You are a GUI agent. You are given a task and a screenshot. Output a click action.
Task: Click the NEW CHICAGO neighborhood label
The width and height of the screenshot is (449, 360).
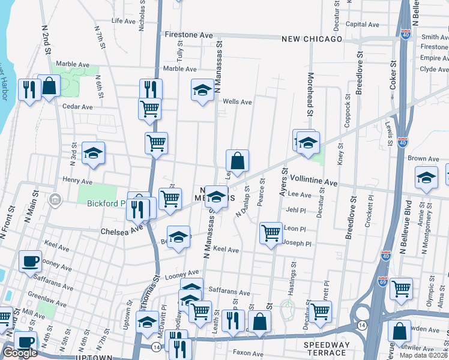[x=312, y=39]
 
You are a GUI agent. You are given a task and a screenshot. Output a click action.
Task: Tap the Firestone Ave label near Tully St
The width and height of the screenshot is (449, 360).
[x=189, y=35]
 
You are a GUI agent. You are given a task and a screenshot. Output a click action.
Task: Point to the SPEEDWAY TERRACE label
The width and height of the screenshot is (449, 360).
[x=327, y=346]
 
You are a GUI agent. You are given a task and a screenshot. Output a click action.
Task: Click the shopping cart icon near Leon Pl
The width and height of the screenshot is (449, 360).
[x=271, y=233]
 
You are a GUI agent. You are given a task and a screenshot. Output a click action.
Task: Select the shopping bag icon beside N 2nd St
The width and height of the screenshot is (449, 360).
[x=49, y=85]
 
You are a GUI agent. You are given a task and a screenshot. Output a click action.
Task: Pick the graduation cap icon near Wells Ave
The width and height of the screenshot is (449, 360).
[x=202, y=90]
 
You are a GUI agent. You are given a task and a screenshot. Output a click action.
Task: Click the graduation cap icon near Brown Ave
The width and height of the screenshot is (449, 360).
[x=426, y=178]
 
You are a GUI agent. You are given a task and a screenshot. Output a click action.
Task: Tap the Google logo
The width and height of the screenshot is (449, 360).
[x=20, y=353]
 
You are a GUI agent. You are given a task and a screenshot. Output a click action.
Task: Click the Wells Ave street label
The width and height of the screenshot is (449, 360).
[x=237, y=102]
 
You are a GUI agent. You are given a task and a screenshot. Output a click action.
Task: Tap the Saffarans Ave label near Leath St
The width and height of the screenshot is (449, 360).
[x=229, y=293]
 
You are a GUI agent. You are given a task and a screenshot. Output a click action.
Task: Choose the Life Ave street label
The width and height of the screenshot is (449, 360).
[x=124, y=20]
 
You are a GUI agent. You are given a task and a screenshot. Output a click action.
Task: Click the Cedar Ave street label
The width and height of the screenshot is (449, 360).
[x=77, y=107]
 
